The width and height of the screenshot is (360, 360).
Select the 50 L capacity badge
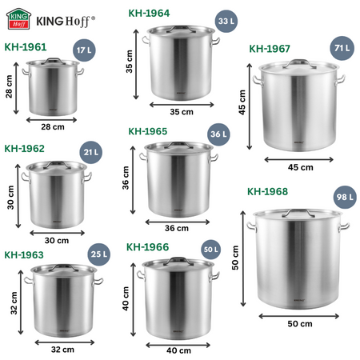[x=210, y=250]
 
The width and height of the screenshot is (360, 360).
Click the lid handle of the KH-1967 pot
[x=300, y=62]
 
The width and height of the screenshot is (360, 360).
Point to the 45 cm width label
[x=300, y=167]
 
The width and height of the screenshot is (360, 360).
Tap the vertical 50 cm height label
[x=235, y=258]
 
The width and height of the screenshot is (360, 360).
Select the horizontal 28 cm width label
[x=51, y=126]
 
